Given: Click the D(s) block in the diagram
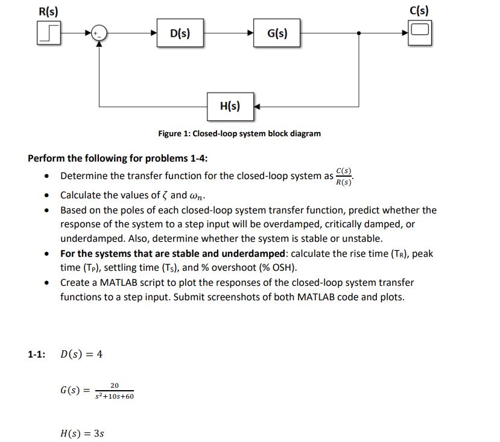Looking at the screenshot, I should pos(180,33).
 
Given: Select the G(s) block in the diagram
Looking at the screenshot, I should pos(276,33).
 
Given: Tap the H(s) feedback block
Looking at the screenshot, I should pos(230,107).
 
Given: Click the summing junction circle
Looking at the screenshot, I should pos(100,34).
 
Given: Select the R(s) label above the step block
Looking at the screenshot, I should pos(48,10).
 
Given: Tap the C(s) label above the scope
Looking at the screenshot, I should pos(419,10).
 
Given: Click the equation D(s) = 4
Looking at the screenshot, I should pos(81,354).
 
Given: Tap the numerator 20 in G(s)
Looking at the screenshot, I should pos(114,386).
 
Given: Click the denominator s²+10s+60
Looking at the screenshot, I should pos(114,397).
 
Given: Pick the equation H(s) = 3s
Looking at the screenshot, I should pos(83,432).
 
